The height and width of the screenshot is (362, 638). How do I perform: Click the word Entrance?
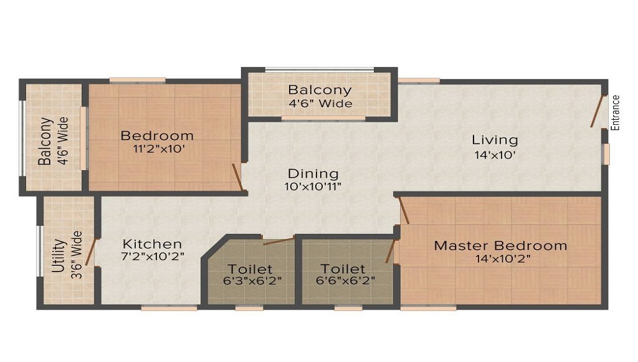coord(616,113)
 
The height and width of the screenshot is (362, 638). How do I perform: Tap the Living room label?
coord(494,140)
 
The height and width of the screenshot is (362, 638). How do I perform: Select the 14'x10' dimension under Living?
coord(494,154)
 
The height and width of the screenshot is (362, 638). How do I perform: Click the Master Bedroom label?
coord(500,245)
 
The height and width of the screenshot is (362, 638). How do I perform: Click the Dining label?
coord(313,173)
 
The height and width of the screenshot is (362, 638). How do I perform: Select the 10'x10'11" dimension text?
coord(313,187)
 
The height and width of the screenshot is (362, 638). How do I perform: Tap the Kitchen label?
coord(152,244)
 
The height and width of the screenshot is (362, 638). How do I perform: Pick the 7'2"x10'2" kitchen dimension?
coord(152,257)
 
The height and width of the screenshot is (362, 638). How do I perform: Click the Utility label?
coord(59,256)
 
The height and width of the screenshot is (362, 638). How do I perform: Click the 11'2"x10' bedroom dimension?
coord(157,149)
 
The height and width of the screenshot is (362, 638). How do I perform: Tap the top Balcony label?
coord(320,90)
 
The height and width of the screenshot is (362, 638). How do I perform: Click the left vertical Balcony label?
coord(45,141)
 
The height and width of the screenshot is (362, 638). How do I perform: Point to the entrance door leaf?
coord(597,112)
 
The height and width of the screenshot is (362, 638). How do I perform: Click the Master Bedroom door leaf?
coord(404,210)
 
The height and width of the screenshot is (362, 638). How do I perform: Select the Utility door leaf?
coord(91,251)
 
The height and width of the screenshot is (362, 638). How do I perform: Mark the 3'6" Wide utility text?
coord(77,255)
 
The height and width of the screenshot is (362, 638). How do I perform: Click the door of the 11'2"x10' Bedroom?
coord(237,178)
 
